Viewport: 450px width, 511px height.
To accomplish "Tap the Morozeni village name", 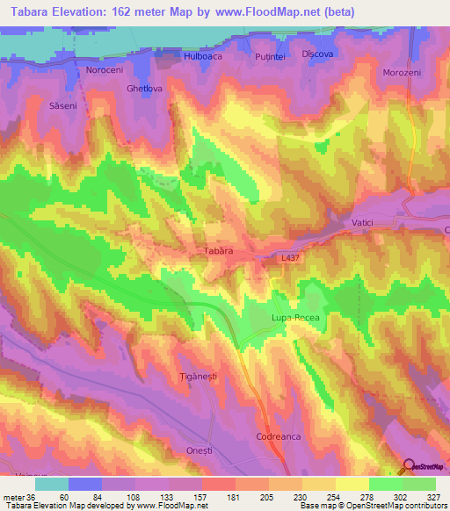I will (x=403, y=72).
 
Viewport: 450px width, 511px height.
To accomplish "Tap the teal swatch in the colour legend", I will (x=51, y=483).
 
